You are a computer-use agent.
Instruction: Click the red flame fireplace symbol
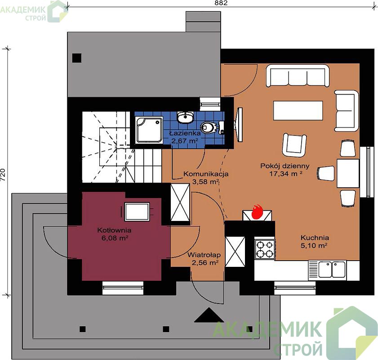pyautogui.click(x=257, y=212)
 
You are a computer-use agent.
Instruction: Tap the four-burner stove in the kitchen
pyautogui.click(x=265, y=249)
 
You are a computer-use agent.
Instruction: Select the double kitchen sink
pyautogui.click(x=332, y=269)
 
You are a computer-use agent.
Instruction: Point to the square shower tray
pyautogui.click(x=149, y=130)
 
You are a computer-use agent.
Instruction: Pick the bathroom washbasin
pyautogui.click(x=185, y=117)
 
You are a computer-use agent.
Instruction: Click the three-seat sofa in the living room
pyautogui.click(x=298, y=76)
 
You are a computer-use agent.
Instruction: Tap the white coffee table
pyautogui.click(x=298, y=111)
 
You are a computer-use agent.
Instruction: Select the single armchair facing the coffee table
pyautogui.click(x=294, y=145)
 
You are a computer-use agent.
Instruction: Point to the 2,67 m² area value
pyautogui.click(x=185, y=141)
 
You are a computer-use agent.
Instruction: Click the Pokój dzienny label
pyautogui.click(x=285, y=166)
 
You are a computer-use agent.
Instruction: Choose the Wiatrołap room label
pyautogui.click(x=204, y=255)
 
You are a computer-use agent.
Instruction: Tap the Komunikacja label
pyautogui.click(x=206, y=174)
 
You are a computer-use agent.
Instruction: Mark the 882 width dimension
pyautogui.click(x=221, y=3)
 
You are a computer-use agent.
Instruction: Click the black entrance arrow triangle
pyautogui.click(x=209, y=315)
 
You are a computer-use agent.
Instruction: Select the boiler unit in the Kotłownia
pyautogui.click(x=137, y=212)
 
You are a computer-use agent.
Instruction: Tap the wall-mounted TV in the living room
pyautogui.click(x=240, y=125)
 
